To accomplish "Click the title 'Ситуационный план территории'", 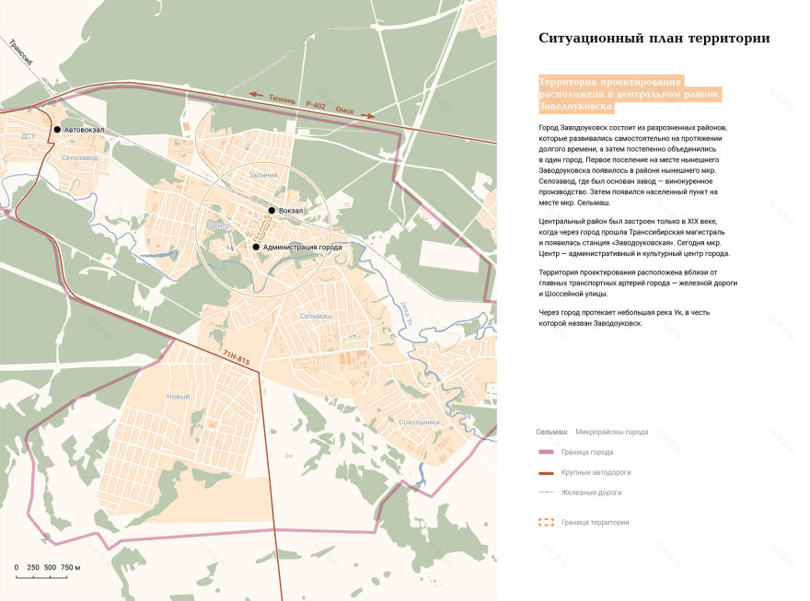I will tap(654, 39).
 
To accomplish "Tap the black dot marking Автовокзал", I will tap(57, 130).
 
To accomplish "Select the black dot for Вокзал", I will tap(272, 211).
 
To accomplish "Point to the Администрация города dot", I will tap(256, 247).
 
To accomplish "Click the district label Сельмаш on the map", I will tap(316, 316).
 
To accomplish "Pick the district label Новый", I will tap(178, 397).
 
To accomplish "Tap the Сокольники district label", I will tap(420, 422).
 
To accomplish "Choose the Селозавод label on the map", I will tap(80, 157).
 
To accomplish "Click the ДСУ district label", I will tap(29, 136).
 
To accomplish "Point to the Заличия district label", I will tap(262, 174).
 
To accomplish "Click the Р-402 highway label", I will tap(312, 105).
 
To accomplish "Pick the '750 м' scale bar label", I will tap(71, 568).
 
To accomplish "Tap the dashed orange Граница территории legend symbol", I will tap(546, 522).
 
